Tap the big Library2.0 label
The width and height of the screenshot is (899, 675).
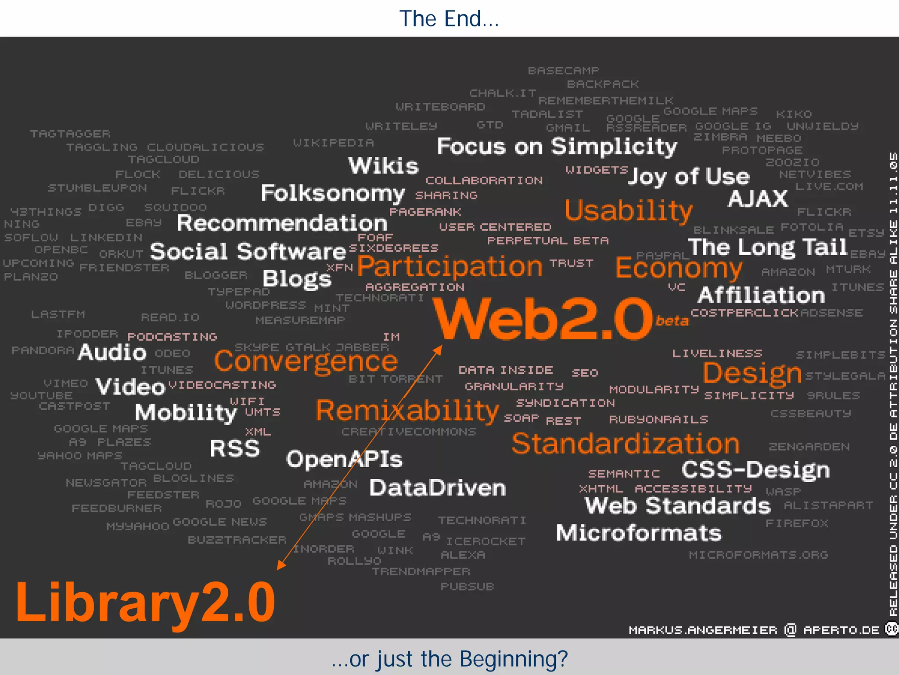pos(145,602)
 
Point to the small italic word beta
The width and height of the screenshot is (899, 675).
pos(672,321)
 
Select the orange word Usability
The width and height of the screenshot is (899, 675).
pos(628,211)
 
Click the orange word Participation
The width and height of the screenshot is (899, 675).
pos(450,267)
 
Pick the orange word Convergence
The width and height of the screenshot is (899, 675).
pos(306,361)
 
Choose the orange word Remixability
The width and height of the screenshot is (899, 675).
pos(407,411)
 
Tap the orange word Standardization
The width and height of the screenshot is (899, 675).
pos(626,444)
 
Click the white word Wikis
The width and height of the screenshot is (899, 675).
pos(383,166)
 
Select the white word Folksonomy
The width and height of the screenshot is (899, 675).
pos(332,193)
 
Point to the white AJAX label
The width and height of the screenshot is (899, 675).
pos(758,199)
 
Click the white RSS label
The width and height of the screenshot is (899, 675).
pos(235,448)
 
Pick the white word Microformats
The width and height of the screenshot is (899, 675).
pos(639,533)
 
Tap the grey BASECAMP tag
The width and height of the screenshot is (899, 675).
pos(563,71)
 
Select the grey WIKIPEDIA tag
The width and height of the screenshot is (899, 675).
pos(333,143)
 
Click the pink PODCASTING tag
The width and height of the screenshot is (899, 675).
pos(172,337)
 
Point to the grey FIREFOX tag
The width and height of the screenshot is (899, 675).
pos(797,523)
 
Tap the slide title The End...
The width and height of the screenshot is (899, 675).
pos(449,18)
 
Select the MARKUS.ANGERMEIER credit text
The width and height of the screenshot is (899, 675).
pos(703,630)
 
